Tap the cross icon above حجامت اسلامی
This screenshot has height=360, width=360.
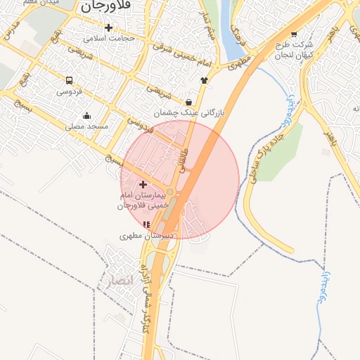(108, 27)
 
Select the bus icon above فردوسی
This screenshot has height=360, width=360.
(69, 81)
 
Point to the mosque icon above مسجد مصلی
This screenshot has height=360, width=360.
(86, 116)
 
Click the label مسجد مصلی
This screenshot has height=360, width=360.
(86, 127)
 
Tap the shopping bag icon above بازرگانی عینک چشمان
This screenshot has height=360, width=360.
(188, 102)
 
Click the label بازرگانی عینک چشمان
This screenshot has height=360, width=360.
(186, 112)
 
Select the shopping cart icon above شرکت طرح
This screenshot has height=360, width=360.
(293, 34)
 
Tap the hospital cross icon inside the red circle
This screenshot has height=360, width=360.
(143, 184)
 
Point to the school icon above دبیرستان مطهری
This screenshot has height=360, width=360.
(146, 224)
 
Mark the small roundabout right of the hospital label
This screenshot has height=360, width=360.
(170, 191)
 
